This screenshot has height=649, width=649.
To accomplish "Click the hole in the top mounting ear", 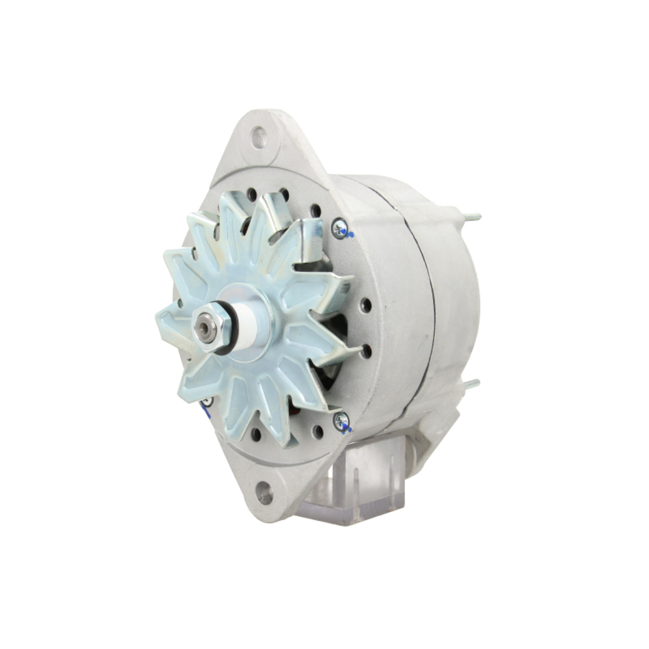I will click(260, 137).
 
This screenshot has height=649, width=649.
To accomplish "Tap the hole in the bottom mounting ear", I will click(264, 493).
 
